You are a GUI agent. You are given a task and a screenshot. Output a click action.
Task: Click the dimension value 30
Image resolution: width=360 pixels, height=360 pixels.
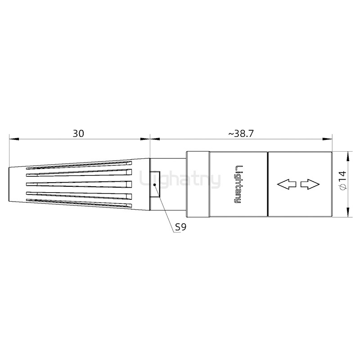(79, 134)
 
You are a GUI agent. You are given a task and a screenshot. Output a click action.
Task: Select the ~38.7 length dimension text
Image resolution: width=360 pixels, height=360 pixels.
(241, 134)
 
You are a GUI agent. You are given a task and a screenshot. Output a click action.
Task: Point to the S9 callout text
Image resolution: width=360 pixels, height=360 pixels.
(180, 227)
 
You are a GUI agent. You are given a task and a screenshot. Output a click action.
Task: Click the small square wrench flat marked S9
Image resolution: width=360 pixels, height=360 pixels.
(155, 184)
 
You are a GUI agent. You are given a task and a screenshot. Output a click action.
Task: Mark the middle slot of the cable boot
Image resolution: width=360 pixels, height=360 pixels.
(79, 184)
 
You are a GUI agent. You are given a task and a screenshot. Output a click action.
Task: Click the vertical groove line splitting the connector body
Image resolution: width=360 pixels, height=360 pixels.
(268, 184)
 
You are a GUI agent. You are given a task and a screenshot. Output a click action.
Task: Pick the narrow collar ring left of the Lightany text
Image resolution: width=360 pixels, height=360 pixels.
(198, 184)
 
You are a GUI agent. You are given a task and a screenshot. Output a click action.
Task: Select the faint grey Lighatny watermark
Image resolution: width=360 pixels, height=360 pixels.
(180, 180)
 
